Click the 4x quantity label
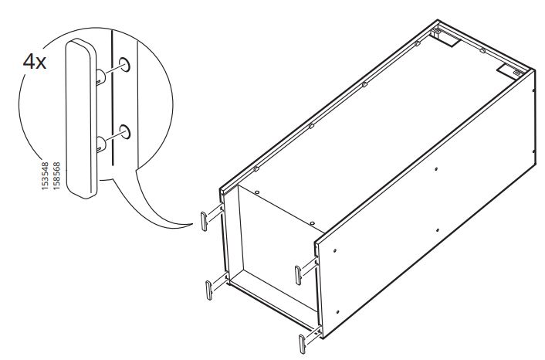35,63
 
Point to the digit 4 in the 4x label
27,63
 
